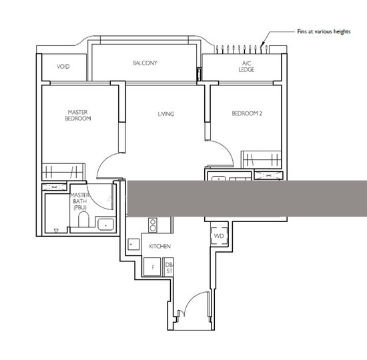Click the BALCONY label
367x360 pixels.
(x=145, y=63)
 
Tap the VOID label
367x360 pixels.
(x=63, y=67)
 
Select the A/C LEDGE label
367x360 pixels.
(x=246, y=67)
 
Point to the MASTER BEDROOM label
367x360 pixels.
(x=78, y=115)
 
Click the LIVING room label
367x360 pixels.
(x=166, y=114)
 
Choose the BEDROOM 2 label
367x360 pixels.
(x=247, y=113)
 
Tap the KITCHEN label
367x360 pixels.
(x=160, y=246)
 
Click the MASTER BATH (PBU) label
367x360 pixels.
(x=80, y=201)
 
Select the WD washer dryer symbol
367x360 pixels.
(x=219, y=236)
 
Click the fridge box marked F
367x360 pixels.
(x=152, y=267)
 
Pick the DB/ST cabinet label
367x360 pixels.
(x=169, y=268)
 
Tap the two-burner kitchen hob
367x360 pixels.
(x=153, y=225)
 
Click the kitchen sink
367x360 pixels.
(x=133, y=245)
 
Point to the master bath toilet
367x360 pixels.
(x=83, y=219)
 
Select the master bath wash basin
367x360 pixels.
(x=106, y=225)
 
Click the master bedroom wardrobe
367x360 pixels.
(x=63, y=172)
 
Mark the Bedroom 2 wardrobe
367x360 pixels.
(x=261, y=160)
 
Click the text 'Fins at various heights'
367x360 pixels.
(x=324, y=31)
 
